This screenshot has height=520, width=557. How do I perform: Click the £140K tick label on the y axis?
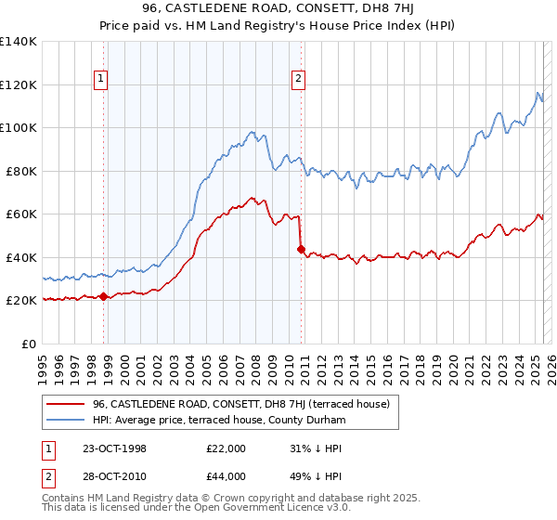19,42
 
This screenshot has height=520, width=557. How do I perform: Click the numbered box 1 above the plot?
100,80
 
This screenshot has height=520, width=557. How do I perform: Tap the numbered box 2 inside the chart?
298,80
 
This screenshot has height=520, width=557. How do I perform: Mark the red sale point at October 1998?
104,297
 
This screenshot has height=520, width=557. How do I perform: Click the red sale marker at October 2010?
301,249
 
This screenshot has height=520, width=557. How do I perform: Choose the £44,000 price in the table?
226,476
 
